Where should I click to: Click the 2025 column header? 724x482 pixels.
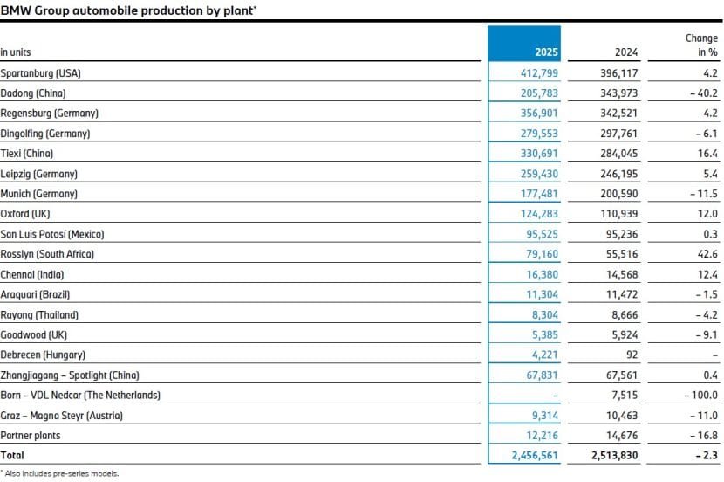pos(545,52)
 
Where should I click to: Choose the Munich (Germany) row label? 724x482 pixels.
pos(39,193)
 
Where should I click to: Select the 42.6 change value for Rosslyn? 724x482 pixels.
pos(707,253)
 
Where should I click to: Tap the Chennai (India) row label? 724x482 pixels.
pos(32,273)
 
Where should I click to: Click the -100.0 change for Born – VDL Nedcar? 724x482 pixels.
pos(701,395)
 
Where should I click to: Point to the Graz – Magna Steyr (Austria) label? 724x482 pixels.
pos(61,415)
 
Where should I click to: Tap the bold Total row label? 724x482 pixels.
pos(13,455)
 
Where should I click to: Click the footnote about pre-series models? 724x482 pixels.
pos(61,473)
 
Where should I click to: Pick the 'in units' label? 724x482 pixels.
pos(16,52)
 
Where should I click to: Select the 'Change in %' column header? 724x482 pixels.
pos(703,45)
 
